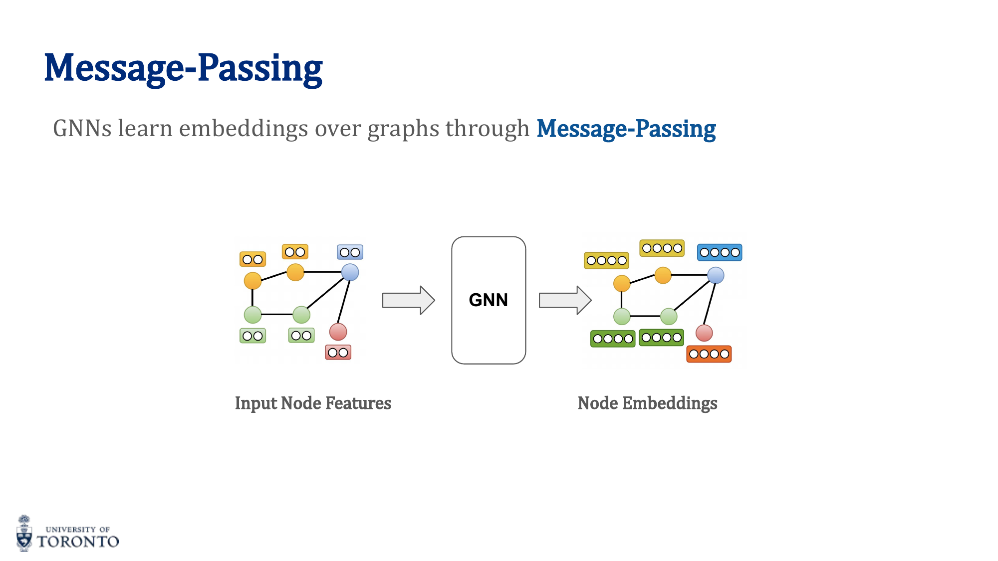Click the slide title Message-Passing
[183, 68]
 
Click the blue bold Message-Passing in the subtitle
[626, 129]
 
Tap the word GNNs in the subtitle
[82, 129]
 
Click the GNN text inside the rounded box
[488, 300]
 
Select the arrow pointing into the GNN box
[408, 300]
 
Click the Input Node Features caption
[313, 403]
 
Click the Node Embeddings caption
[647, 403]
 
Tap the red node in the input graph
[338, 332]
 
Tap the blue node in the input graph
[350, 272]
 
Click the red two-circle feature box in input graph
[338, 353]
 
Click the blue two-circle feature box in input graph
[350, 252]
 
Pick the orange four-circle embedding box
[709, 354]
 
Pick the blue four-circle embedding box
[719, 252]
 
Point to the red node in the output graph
[704, 333]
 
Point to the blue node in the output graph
[716, 275]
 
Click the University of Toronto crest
[24, 534]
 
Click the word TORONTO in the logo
[78, 542]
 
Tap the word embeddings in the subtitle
[243, 129]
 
